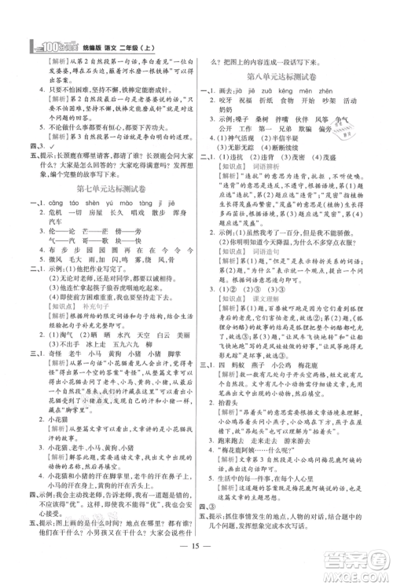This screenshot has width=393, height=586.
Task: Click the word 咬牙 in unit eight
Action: [x=233, y=101]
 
